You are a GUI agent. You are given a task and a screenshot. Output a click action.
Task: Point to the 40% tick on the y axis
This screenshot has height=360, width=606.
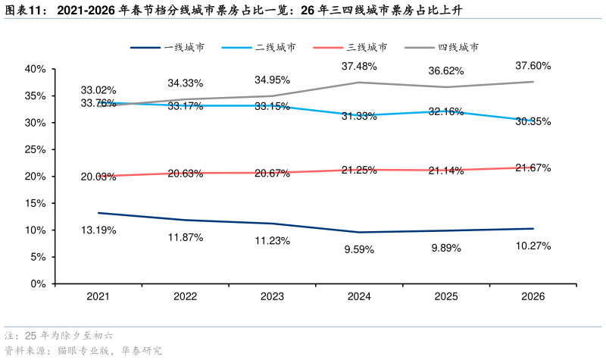coord(36,69)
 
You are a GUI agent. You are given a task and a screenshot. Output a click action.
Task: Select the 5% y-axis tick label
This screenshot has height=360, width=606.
coord(39,257)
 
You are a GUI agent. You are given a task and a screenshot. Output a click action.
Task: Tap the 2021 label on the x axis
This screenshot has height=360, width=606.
coord(98,297)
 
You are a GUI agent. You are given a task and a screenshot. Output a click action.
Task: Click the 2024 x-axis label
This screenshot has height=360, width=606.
coord(359,297)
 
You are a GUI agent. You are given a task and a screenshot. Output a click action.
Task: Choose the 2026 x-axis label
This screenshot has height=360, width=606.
coord(533,297)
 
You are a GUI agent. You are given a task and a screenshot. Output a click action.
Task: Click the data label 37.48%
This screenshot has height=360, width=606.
coord(359,67)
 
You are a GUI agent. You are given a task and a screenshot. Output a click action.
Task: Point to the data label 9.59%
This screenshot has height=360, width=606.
coord(359,249)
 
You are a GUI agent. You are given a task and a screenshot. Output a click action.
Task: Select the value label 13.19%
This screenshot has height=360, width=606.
coord(98,230)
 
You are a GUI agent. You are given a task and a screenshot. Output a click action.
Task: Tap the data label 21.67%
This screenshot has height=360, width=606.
coord(533,167)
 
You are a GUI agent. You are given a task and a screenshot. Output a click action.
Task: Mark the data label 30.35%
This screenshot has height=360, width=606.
coord(533,121)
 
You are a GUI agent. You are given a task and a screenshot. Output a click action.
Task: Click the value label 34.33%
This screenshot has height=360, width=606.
coord(186,83)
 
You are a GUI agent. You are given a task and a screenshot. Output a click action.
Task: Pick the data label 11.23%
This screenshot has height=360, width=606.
coord(272,241)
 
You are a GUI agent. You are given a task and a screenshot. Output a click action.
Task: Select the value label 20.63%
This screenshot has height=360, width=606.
coord(186,174)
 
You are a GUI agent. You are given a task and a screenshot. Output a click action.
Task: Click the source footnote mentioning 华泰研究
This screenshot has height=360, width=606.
coord(83,351)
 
